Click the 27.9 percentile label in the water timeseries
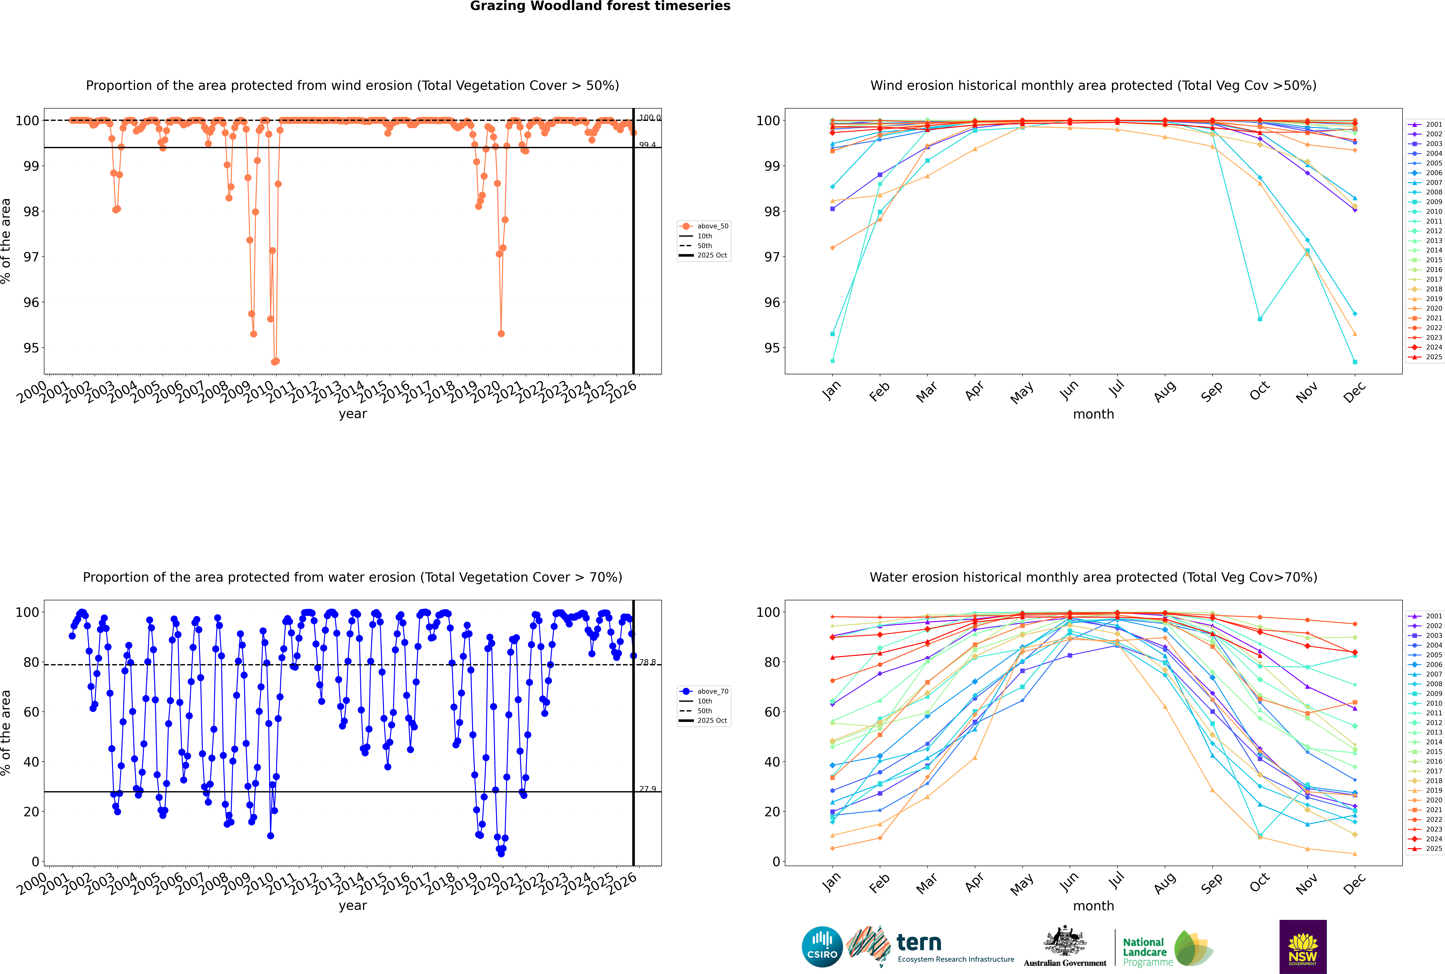[647, 789]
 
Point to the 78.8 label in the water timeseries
[647, 662]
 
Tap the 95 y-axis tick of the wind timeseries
[31, 348]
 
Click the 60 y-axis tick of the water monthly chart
[771, 712]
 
